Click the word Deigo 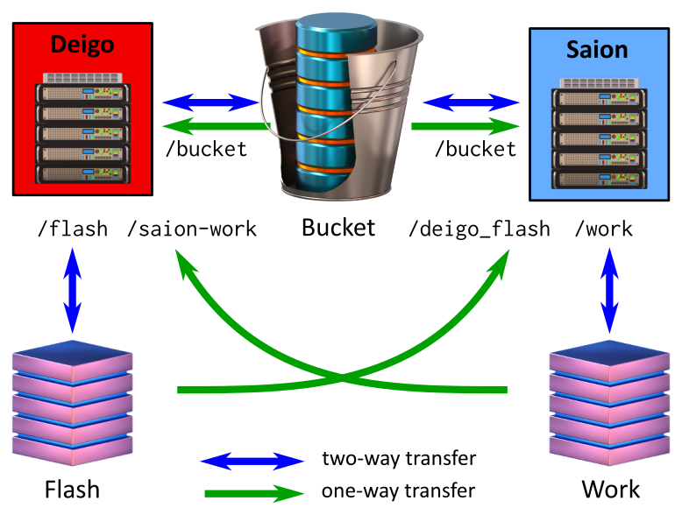click(82, 44)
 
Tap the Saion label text click(597, 49)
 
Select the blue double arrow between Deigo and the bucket click(210, 102)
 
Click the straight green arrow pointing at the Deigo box click(210, 127)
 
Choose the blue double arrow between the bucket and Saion click(471, 102)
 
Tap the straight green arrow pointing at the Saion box click(465, 127)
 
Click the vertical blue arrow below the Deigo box click(73, 288)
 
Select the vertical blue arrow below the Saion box click(609, 288)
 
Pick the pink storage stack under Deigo click(72, 403)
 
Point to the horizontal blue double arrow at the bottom click(252, 461)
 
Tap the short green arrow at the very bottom click(252, 493)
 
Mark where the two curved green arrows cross click(342, 378)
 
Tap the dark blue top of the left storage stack click(72, 352)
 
